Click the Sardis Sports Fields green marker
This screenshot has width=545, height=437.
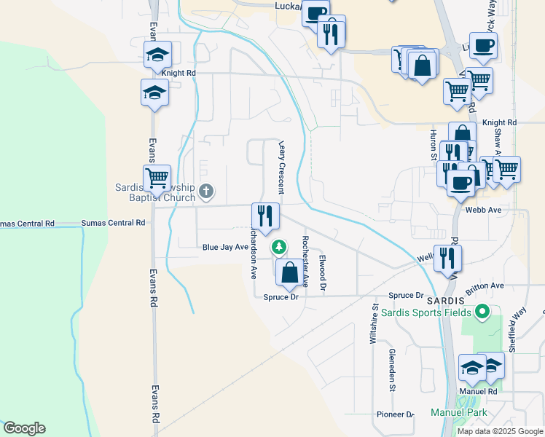482,313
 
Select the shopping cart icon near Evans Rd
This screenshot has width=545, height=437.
157,177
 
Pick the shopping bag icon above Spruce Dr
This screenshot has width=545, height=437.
289,273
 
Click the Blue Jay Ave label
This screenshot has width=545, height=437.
225,248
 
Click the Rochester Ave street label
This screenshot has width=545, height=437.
305,260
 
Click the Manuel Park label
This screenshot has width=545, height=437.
457,413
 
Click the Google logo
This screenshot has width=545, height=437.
24,428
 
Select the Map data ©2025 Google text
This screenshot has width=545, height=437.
500,431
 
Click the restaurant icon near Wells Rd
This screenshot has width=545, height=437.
447,258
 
